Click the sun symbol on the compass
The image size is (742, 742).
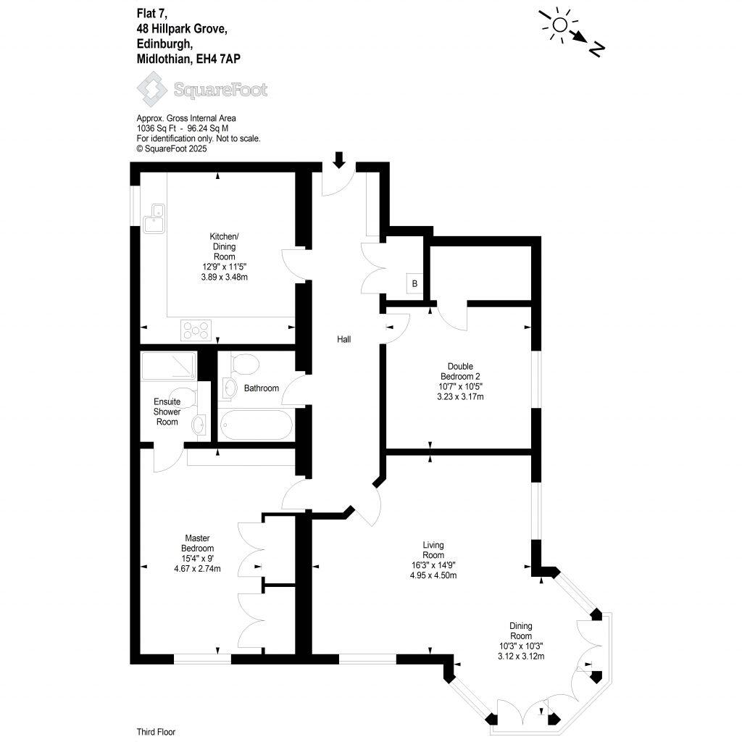[x=559, y=25]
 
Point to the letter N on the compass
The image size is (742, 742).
[x=596, y=49]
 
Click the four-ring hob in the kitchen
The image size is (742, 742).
[x=196, y=330]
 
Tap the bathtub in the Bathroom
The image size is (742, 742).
[x=254, y=422]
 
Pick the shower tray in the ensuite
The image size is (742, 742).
[x=169, y=366]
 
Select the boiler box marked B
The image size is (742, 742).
[x=414, y=283]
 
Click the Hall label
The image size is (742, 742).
[x=344, y=339]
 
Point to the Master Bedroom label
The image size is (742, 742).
[x=197, y=543]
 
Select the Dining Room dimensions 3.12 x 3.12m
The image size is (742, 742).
[x=521, y=656]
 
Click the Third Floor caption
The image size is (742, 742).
[x=156, y=732]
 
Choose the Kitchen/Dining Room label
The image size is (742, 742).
[x=224, y=247]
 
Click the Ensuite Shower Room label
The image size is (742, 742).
[x=167, y=412]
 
